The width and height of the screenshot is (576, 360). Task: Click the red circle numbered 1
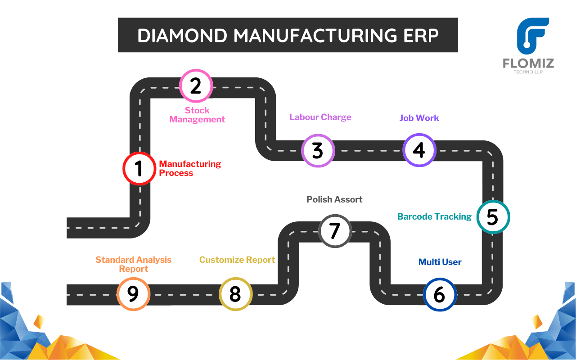tap(139, 168)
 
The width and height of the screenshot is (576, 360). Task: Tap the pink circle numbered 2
tap(196, 85)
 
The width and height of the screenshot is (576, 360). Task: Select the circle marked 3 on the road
tap(318, 150)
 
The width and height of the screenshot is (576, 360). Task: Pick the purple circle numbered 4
tap(419, 150)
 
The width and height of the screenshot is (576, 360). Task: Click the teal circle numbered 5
tap(493, 217)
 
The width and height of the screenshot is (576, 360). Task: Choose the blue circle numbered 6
tap(440, 295)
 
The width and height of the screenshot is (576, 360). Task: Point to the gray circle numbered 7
tap(335, 230)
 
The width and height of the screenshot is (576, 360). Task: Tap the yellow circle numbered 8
tap(235, 294)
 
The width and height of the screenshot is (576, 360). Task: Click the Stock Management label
tap(197, 115)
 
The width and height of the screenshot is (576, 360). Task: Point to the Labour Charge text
tap(320, 117)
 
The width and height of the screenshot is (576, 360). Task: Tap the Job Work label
tap(419, 118)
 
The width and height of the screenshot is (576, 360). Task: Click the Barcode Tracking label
tap(434, 216)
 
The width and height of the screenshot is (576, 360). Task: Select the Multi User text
tap(440, 262)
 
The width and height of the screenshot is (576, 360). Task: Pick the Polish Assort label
tap(334, 199)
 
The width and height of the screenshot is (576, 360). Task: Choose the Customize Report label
tap(237, 260)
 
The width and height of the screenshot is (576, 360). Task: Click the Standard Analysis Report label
tap(133, 264)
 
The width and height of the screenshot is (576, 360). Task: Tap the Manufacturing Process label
tap(190, 168)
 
